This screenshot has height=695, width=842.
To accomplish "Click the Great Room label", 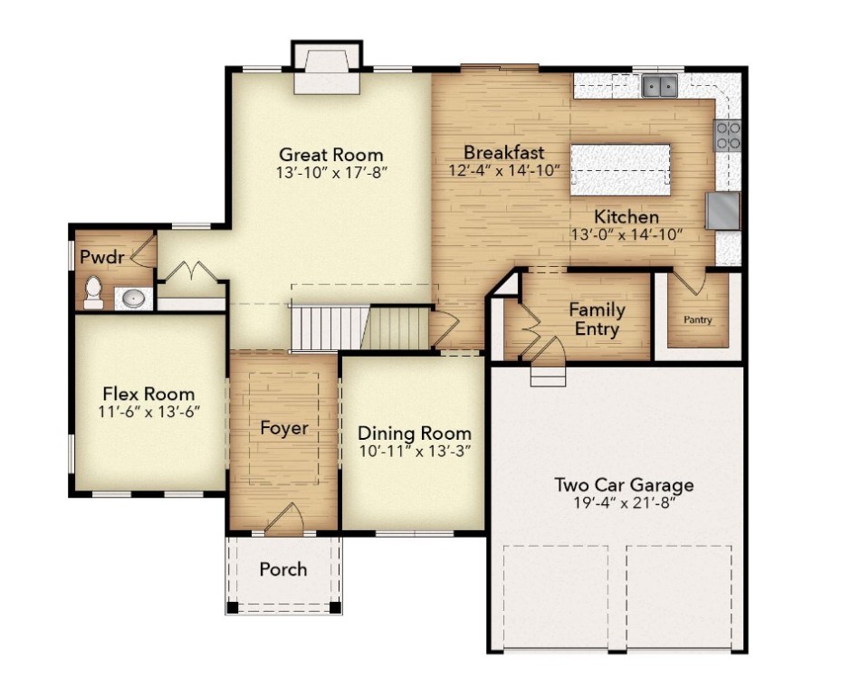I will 330,155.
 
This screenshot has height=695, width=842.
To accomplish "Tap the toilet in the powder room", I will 92,290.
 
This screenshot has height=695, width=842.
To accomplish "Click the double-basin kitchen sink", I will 660,86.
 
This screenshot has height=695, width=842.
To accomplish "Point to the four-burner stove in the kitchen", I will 728,136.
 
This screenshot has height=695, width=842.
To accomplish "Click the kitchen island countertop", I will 620,169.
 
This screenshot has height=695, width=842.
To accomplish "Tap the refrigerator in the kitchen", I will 722,211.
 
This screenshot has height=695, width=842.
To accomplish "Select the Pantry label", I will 697,319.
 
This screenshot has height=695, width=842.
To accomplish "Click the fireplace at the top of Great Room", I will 327,72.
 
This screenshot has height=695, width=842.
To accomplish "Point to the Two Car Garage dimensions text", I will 624,503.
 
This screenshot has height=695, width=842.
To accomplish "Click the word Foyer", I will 283,428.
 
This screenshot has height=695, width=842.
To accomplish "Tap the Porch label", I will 283,569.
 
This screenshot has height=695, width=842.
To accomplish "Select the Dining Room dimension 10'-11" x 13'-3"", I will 414,451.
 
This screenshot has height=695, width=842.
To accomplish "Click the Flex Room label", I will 148,394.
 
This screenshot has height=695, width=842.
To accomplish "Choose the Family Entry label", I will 596,319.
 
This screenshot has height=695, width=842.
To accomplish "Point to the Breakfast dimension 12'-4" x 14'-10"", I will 504,170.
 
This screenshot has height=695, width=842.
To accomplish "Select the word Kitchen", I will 626,217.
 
